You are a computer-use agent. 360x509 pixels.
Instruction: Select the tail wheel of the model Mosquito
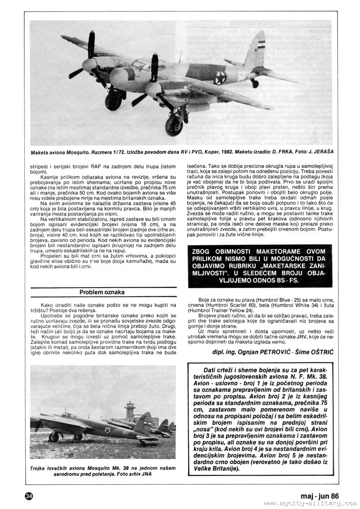coord(255,83)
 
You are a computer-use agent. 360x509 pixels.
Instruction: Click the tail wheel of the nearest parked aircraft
coord(143,443)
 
